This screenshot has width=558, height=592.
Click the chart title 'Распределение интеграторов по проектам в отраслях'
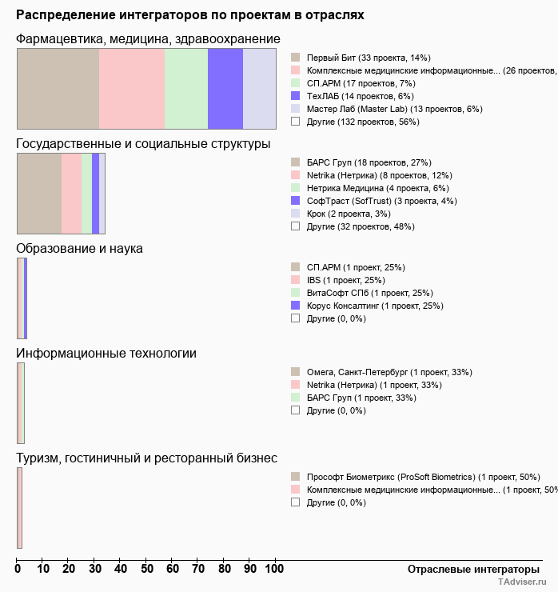190,15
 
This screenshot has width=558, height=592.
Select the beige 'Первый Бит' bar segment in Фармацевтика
58,88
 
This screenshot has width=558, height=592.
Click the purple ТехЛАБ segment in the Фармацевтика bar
225,88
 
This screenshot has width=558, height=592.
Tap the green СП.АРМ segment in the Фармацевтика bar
185,88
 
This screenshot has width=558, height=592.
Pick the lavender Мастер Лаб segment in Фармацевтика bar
259,88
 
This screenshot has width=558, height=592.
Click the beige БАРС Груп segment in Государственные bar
39,194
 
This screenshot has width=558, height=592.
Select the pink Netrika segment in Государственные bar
71,194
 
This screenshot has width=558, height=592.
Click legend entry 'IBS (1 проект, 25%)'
345,280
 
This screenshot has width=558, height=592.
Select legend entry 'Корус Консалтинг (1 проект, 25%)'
374,306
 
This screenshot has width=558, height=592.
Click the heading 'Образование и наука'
79,249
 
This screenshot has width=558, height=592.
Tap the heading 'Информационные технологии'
106,354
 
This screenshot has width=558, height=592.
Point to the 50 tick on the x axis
146,569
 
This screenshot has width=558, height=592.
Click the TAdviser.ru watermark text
522,582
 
